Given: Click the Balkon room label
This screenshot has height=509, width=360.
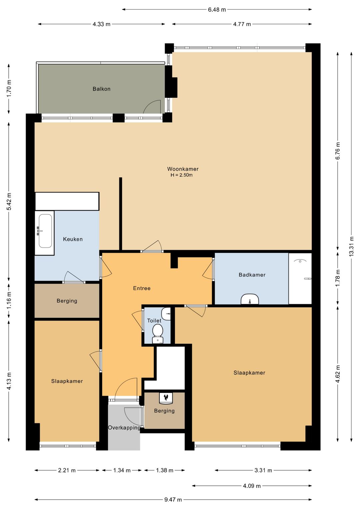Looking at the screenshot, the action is tap(101, 89).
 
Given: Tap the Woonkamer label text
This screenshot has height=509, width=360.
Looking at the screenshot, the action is tap(183, 169).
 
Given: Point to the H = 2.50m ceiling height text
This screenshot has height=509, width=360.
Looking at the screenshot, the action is tap(182, 175).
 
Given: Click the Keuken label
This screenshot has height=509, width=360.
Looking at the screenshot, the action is tap(73, 239).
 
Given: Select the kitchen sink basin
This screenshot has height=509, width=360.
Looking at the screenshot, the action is tap(45, 231).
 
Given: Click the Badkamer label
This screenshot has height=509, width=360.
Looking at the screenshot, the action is tap(252, 275).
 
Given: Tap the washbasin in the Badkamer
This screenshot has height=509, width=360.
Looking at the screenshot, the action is tap(250, 299).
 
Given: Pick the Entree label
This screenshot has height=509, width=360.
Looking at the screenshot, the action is tap(142, 289).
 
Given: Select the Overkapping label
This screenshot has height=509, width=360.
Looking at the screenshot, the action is tap(124, 428).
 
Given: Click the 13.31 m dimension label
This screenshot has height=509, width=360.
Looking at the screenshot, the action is tap(351, 246).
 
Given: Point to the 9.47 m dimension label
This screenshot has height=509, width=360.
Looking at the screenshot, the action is tap(173, 500).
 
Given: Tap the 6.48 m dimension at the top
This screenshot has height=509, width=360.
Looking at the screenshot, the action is tap(217, 10).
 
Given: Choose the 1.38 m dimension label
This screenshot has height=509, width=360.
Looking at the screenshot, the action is tap(164, 470).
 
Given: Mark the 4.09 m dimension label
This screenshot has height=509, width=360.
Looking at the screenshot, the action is tap(252, 486).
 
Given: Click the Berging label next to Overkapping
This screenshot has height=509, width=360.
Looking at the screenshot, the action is tap(164, 411).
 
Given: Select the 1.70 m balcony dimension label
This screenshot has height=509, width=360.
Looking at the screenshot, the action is tap(9, 89).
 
